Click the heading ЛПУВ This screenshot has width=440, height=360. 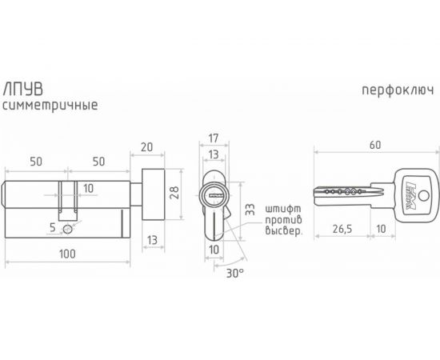tap(22, 90)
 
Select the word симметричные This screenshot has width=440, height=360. tap(50, 106)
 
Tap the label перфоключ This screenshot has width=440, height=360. tap(398, 90)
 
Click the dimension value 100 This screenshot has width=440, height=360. tap(67, 254)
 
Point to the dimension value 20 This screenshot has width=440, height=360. tap(146, 147)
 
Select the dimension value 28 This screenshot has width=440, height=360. tap(174, 193)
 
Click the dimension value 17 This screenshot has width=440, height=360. tap(214, 138)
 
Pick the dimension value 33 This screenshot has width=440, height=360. tap(250, 210)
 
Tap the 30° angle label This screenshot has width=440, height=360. tap(235, 273)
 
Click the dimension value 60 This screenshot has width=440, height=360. tap(375, 145)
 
